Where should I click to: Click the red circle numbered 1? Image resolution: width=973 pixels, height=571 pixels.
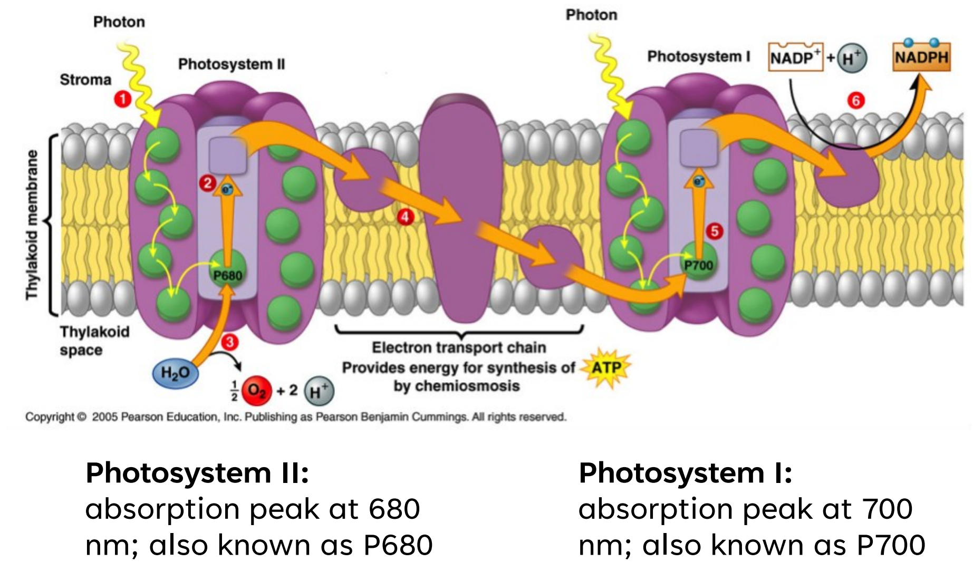pos(123,99)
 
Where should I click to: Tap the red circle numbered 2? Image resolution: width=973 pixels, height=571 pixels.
pos(207,183)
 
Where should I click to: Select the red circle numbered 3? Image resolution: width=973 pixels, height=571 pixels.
pos(230,342)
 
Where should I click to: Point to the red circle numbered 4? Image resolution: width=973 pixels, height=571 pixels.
pos(405,217)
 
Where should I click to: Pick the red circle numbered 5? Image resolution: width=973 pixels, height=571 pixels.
pos(715,231)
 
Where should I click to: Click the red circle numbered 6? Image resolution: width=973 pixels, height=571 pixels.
pos(856,100)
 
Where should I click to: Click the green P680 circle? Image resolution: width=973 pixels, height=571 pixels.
pos(228,271)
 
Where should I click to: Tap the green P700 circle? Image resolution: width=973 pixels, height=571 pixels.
pos(698,262)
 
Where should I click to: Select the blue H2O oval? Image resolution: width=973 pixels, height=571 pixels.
pos(175,373)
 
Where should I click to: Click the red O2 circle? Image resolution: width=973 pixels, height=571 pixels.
pos(257,391)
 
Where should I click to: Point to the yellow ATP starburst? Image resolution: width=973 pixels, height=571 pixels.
pos(606,367)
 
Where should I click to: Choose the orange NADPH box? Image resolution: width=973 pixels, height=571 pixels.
pos(921,57)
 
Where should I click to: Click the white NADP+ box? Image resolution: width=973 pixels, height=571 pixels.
pos(795,57)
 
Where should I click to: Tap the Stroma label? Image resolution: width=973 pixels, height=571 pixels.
pos(85,80)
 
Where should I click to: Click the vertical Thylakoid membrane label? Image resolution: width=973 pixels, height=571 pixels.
pos(33,225)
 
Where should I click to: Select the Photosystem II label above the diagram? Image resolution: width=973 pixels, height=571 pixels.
pos(231,64)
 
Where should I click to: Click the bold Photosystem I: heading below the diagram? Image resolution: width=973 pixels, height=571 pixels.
pos(685,472)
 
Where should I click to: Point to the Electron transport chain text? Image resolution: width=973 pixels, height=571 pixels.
pos(459,347)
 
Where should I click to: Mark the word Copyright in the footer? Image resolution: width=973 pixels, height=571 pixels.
pos(50,417)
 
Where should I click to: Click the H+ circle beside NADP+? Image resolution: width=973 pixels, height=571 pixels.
pos(851,58)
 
